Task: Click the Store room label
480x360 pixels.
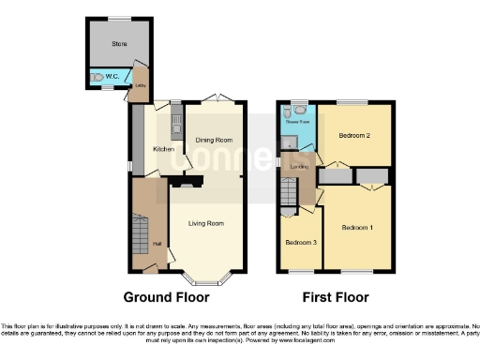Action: point(119,42)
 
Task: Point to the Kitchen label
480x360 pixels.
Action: point(164,148)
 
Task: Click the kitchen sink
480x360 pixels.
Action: point(174,122)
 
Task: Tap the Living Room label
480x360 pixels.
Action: point(206,223)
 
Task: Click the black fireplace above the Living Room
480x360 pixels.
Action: point(185,185)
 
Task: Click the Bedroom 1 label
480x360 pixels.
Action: point(357,228)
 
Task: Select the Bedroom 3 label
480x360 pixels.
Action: point(299,242)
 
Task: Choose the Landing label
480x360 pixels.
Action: point(300,167)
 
